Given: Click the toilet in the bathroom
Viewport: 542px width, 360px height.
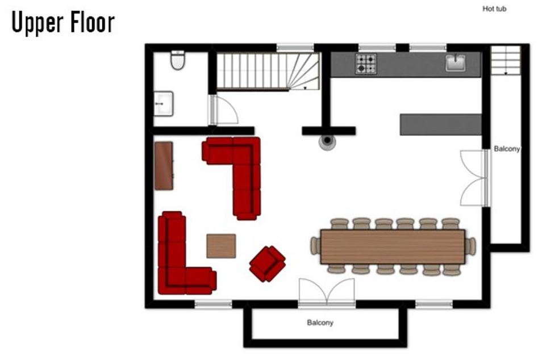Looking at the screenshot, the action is click(x=178, y=60).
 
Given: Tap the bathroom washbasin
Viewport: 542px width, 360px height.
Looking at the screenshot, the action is click(x=163, y=104).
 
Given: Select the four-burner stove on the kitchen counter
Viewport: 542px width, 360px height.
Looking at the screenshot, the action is click(x=366, y=64).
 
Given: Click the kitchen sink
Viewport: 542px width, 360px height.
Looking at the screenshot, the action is click(x=455, y=63).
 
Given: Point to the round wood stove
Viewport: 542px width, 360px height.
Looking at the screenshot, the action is click(x=327, y=141).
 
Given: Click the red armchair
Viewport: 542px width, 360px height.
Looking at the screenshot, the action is click(x=267, y=263).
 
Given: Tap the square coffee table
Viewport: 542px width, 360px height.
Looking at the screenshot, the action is click(x=221, y=246).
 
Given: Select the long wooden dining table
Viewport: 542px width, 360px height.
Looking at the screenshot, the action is click(x=393, y=246).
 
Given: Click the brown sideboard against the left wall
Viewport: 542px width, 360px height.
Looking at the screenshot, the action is click(x=164, y=166).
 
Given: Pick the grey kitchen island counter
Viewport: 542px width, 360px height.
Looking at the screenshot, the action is click(x=441, y=124).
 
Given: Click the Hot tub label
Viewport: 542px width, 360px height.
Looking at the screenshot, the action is click(x=494, y=9).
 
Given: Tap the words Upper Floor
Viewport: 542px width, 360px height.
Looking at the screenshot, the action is click(x=63, y=23).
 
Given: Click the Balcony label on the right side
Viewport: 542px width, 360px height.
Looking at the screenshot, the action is click(x=507, y=149).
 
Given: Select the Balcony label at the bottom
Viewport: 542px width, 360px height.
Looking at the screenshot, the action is click(x=320, y=323).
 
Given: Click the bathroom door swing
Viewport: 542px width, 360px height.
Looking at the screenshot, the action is click(x=224, y=110).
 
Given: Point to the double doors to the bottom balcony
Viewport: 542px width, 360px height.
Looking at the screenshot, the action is click(x=327, y=292).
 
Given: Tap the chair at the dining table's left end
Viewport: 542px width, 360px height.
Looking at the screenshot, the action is click(x=315, y=246).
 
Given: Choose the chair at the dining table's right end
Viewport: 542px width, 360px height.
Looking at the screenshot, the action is click(x=470, y=246).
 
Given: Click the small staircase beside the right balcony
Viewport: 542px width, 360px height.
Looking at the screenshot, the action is click(x=506, y=60).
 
